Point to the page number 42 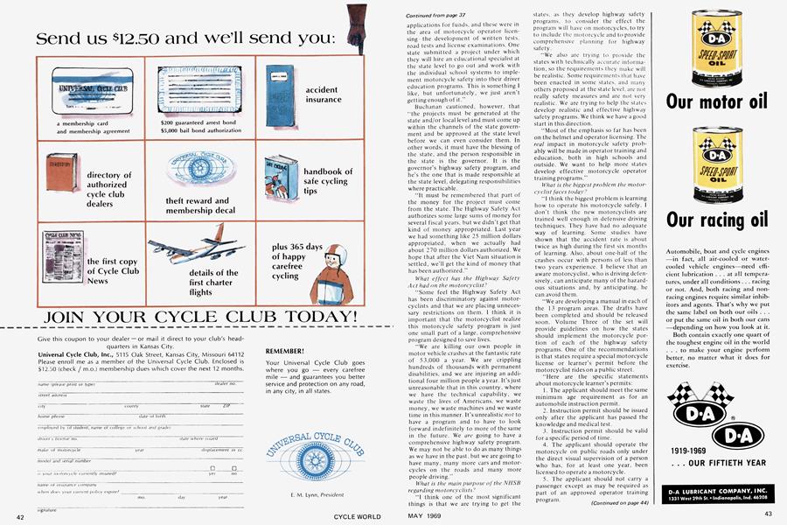coord(19,518)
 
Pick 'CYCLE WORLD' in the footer coord(355,518)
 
